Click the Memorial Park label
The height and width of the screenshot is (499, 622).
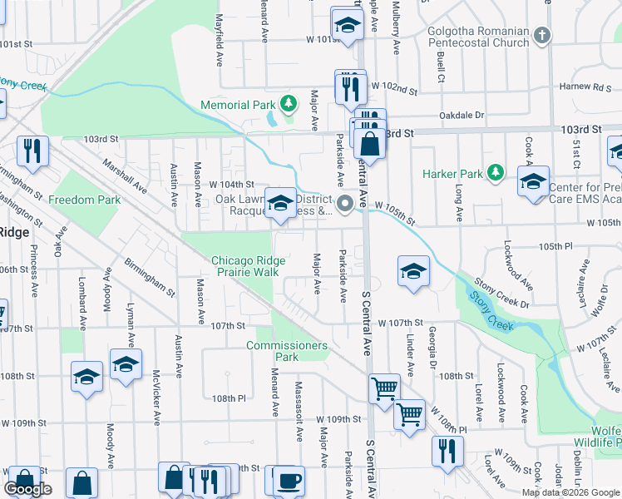[236, 106]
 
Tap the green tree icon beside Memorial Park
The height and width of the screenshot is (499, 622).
[288, 104]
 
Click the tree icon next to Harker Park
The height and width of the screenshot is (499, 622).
[496, 172]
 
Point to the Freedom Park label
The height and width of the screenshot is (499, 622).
[84, 200]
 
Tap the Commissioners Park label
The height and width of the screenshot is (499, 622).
[286, 351]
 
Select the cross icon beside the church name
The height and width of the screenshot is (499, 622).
[542, 36]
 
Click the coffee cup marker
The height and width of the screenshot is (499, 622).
[289, 481]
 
